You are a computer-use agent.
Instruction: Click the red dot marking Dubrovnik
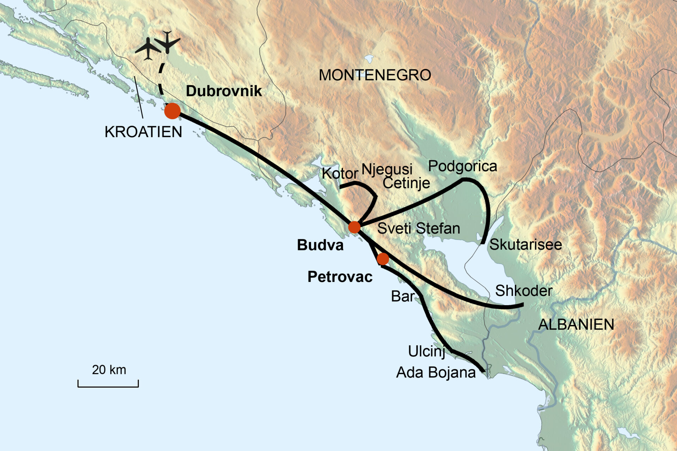pyautogui.click(x=172, y=111)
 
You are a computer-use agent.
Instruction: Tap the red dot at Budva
pyautogui.click(x=354, y=227)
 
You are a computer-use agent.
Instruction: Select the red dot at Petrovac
pyautogui.click(x=383, y=259)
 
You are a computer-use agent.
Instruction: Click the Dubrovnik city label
pyautogui.click(x=224, y=91)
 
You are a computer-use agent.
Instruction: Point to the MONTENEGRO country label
pyautogui.click(x=375, y=75)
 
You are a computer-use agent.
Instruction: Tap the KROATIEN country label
pyautogui.click(x=144, y=132)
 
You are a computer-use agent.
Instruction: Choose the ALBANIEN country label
pyautogui.click(x=576, y=325)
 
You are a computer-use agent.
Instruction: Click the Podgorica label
pyautogui.click(x=463, y=166)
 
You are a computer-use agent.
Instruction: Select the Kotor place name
pyautogui.click(x=340, y=173)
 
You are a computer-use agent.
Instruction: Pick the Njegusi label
pyautogui.click(x=387, y=169)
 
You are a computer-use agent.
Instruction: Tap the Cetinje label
pyautogui.click(x=406, y=183)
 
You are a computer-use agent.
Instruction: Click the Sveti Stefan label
pyautogui.click(x=419, y=229)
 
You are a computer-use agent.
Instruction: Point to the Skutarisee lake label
pyautogui.click(x=525, y=245)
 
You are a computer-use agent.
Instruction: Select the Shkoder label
pyautogui.click(x=524, y=291)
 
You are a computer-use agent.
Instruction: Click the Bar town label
pyautogui.click(x=402, y=296)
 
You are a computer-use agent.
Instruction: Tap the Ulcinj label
pyautogui.click(x=426, y=351)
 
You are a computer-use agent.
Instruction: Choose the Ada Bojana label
pyautogui.click(x=436, y=372)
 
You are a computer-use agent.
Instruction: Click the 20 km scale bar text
pyautogui.click(x=109, y=370)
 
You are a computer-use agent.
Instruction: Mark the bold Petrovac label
pyautogui.click(x=340, y=277)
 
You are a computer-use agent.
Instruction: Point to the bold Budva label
pyautogui.click(x=320, y=245)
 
